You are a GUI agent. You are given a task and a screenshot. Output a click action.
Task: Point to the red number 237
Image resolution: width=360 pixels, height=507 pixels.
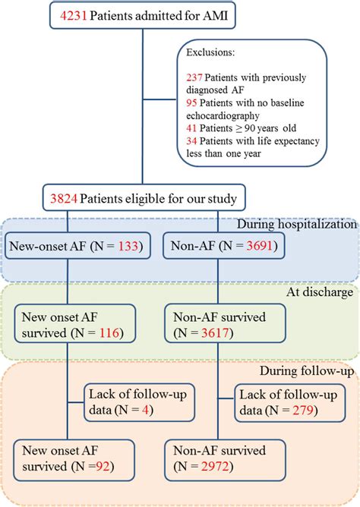194,77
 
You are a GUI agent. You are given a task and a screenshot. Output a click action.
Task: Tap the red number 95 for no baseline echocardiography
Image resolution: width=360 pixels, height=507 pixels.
191,102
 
